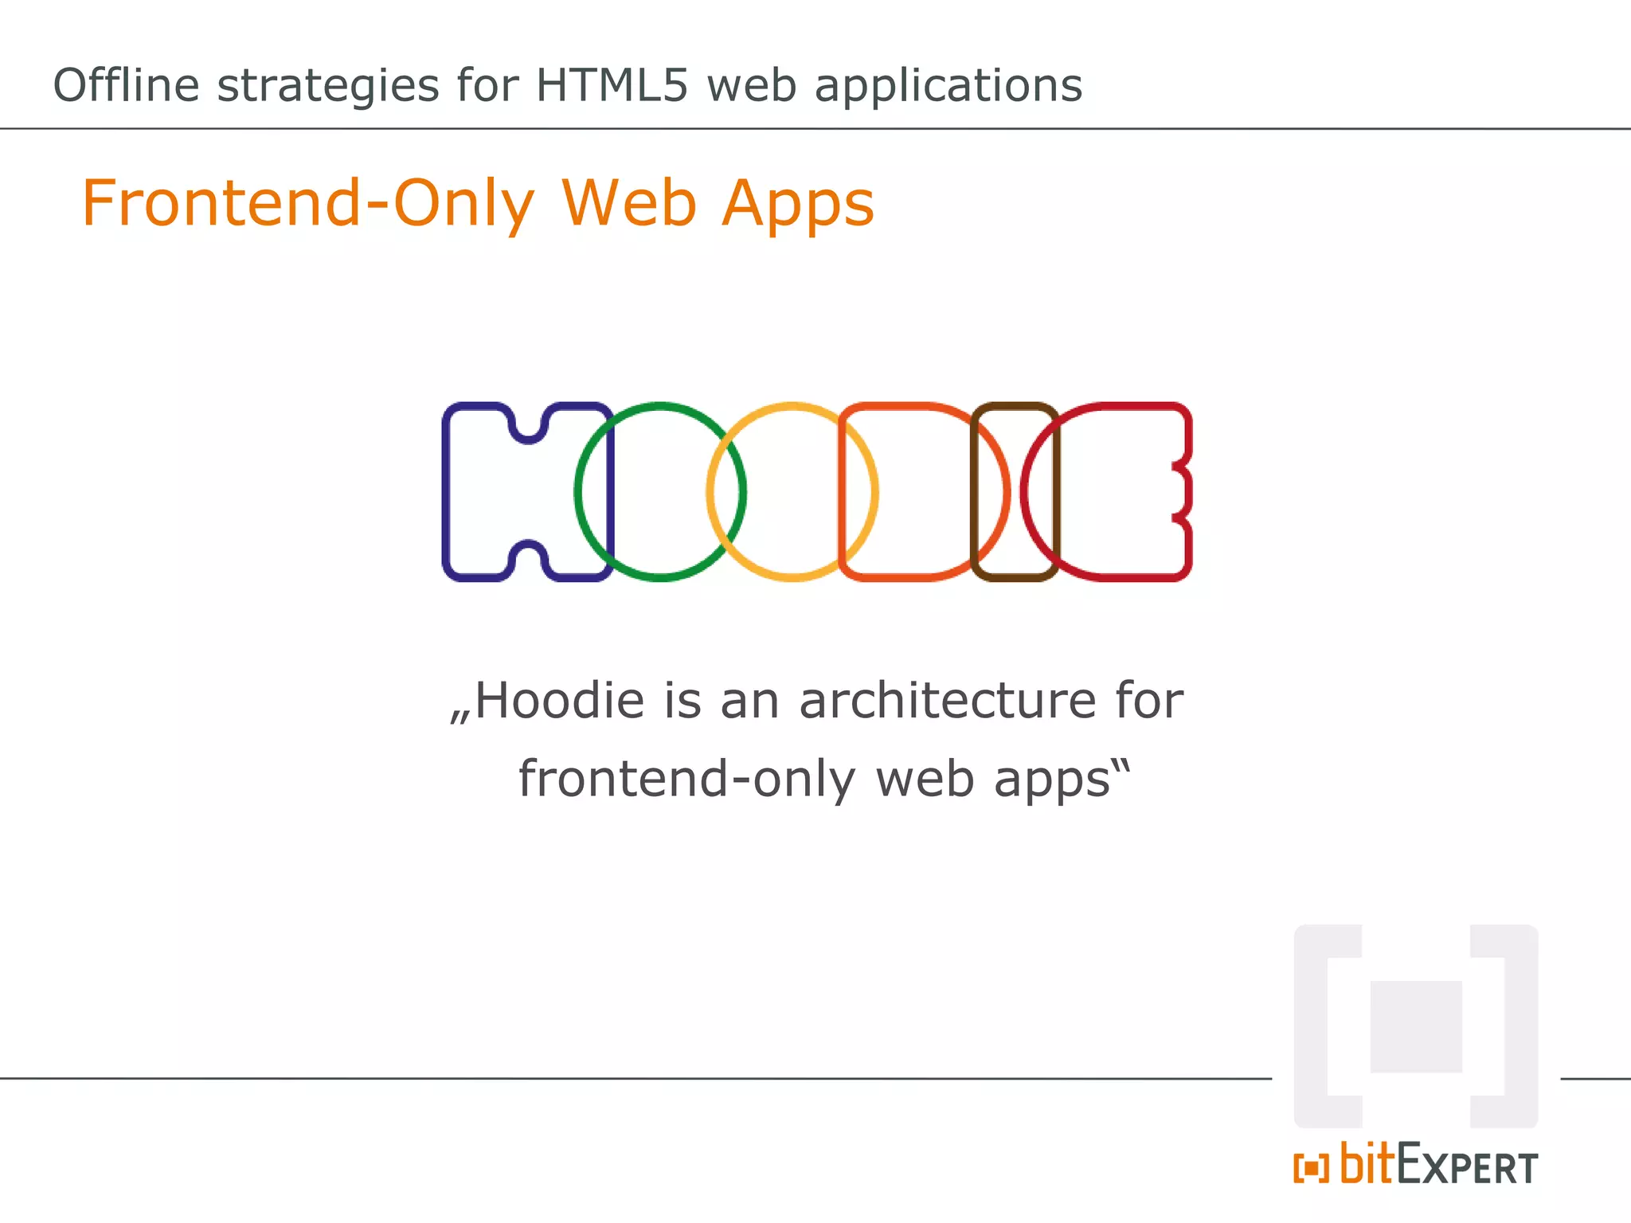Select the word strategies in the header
(x=327, y=86)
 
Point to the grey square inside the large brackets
(x=1416, y=1026)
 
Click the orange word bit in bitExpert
(x=1368, y=1164)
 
